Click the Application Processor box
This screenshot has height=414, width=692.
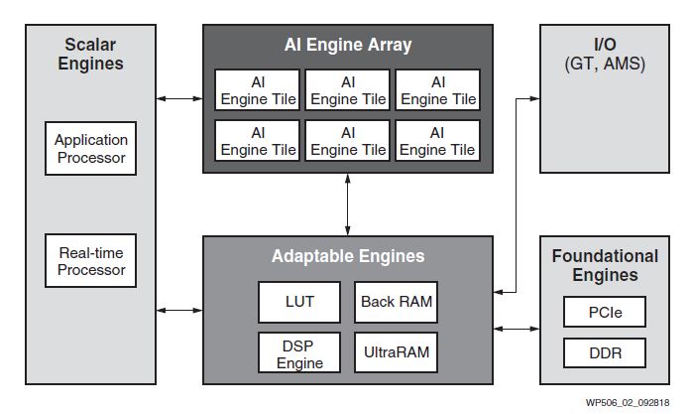(91, 148)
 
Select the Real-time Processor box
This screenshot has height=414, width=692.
(91, 260)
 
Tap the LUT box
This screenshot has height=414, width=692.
(298, 302)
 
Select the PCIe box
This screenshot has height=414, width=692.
(605, 314)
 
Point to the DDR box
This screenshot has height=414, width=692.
(605, 353)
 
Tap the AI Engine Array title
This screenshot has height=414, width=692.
(347, 45)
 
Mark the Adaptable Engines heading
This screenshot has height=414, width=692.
(347, 256)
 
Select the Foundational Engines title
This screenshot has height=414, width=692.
(605, 265)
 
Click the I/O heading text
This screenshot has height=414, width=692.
(605, 45)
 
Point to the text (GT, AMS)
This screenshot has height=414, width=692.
(605, 65)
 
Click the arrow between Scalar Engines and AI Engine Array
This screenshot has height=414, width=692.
(179, 98)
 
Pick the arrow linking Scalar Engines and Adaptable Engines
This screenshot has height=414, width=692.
(179, 311)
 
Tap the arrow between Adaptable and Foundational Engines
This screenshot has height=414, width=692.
(517, 327)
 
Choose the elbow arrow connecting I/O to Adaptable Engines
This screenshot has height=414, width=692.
(518, 199)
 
